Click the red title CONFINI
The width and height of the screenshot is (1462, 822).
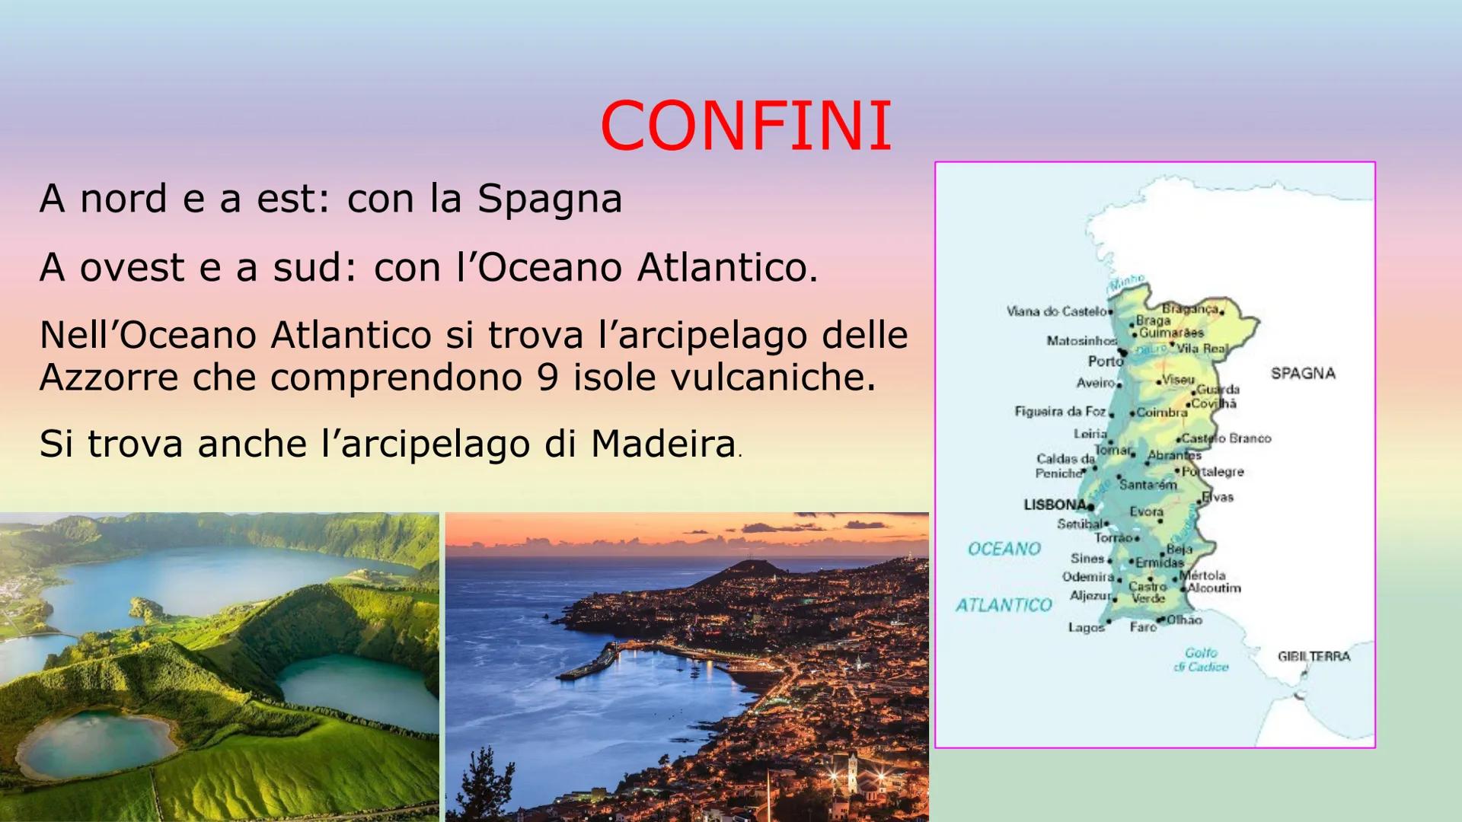(745, 126)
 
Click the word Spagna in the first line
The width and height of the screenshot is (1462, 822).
(550, 199)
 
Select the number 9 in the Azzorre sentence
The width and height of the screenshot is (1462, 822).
(547, 377)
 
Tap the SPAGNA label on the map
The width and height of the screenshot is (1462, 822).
(1303, 374)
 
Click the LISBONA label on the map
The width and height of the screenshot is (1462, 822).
(1055, 505)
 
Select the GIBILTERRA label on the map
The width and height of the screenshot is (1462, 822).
(1314, 656)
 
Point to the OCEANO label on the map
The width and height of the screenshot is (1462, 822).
(1004, 549)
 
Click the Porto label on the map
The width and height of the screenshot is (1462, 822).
(1105, 361)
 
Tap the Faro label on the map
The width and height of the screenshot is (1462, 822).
(1142, 626)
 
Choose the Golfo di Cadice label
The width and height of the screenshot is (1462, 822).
(1201, 660)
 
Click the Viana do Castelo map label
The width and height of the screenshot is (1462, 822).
(1056, 311)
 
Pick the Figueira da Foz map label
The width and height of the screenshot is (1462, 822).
(1060, 412)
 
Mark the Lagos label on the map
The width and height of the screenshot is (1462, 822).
(1085, 628)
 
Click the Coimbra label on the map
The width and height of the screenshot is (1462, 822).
(1162, 413)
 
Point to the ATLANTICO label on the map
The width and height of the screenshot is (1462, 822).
(1004, 605)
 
